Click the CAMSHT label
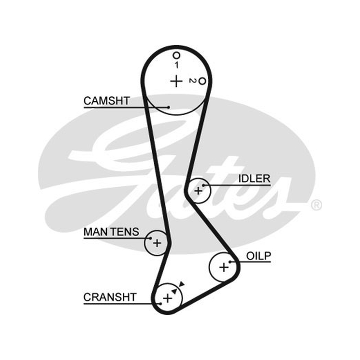pos(107,101)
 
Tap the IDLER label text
pos(254,179)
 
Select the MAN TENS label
pos(111,232)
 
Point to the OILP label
pos(258,256)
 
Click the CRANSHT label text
pos(110,297)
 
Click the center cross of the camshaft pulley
pos(176,81)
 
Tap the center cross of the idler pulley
pos(198,191)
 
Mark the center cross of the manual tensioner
pos(157,243)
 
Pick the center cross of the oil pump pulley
pos(224,267)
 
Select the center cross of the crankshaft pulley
pos(167,298)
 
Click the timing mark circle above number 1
pos(176,55)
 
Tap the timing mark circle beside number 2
pos(202,81)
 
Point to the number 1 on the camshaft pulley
pos(176,65)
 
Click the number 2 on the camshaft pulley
pos(192,81)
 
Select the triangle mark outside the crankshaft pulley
pos(182,284)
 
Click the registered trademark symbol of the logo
pos(317,205)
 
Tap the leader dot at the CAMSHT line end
pos(169,107)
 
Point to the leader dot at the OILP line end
pos(230,262)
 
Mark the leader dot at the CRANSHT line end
pos(161,304)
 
